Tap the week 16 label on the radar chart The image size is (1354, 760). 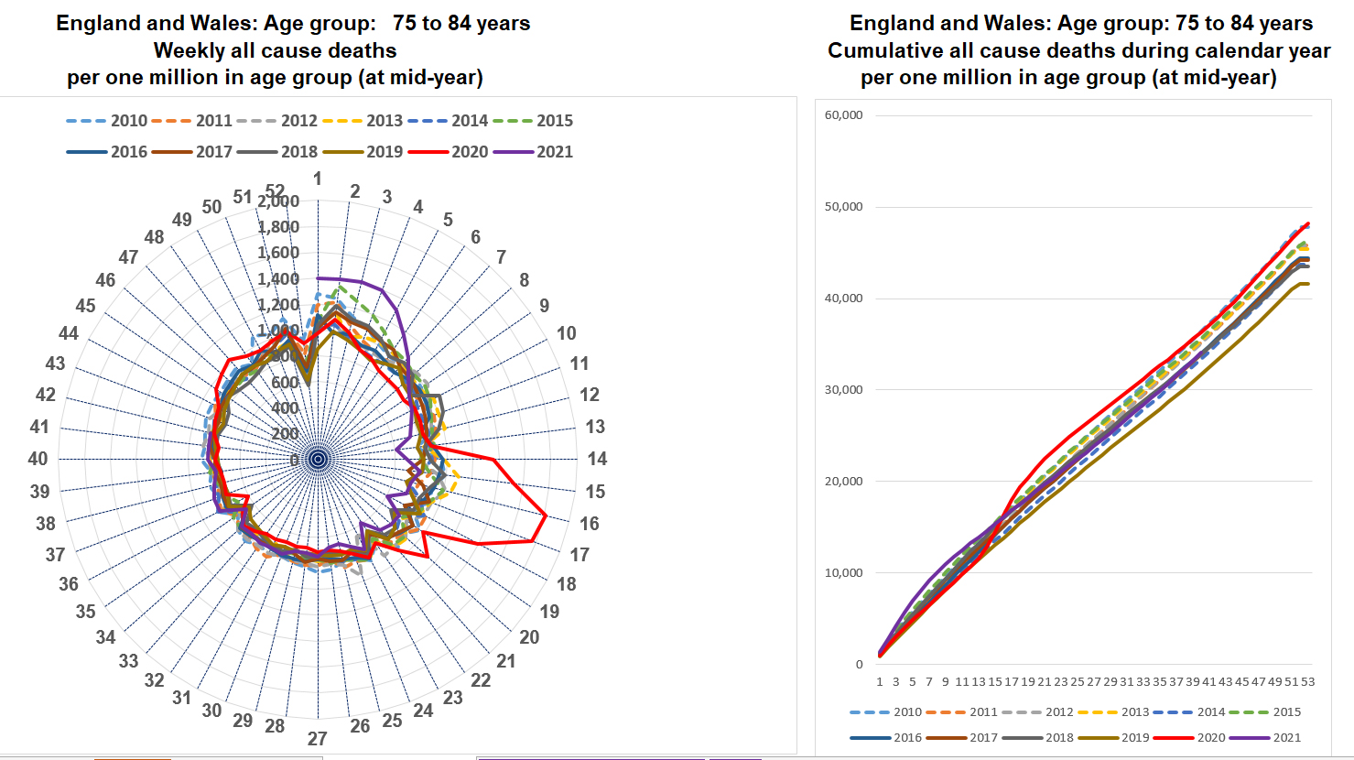click(590, 524)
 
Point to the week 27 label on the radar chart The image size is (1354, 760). click(317, 739)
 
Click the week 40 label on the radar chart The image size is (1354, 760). click(38, 459)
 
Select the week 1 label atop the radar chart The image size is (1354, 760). click(318, 179)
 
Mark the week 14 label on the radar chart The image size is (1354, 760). click(597, 459)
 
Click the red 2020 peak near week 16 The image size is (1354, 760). click(547, 516)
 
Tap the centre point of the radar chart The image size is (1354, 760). click(318, 459)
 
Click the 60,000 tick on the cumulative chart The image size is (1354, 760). click(843, 115)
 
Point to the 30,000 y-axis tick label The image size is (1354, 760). click(843, 390)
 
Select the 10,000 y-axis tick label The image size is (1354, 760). click(843, 573)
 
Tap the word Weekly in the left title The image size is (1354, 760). click(190, 50)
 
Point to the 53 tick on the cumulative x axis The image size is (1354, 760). click(1307, 681)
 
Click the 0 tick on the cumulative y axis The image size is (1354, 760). click(859, 665)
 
